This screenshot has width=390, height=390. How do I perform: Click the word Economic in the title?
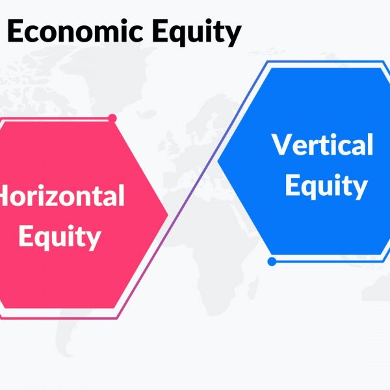click(75, 31)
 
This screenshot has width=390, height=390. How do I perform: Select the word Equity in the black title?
click(197, 33)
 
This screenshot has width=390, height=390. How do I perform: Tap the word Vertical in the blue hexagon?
click(322, 144)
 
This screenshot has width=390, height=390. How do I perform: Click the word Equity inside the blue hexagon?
click(326, 186)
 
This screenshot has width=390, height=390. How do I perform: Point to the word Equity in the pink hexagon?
click(60, 237)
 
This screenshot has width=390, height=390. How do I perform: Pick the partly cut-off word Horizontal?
click(62, 195)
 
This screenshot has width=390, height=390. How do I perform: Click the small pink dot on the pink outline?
click(112, 118)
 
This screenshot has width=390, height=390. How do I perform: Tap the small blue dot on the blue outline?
click(272, 261)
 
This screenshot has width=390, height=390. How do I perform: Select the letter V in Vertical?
click(282, 144)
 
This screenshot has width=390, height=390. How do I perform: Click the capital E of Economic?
click(15, 31)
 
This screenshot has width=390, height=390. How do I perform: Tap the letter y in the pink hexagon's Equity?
click(92, 240)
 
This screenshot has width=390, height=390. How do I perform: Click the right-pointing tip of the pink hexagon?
click(168, 214)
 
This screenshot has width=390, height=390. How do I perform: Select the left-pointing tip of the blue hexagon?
click(218, 161)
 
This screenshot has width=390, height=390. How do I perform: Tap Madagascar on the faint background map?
click(253, 286)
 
